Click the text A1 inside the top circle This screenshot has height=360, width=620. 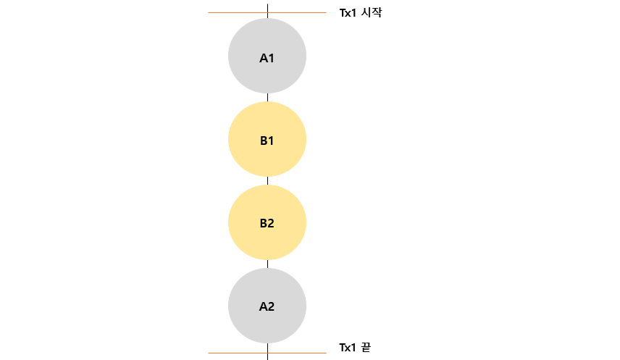pyautogui.click(x=267, y=57)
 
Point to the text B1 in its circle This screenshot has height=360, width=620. pyautogui.click(x=267, y=141)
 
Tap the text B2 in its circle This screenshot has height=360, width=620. pyautogui.click(x=267, y=223)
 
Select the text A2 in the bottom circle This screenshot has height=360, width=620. pyautogui.click(x=267, y=306)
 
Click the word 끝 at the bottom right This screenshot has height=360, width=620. pyautogui.click(x=365, y=348)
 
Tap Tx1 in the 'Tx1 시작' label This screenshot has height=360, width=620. pyautogui.click(x=348, y=12)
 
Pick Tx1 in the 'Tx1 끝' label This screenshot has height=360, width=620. pyautogui.click(x=348, y=348)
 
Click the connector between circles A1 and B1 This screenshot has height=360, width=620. pyautogui.click(x=267, y=98)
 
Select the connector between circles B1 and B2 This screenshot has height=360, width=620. pyautogui.click(x=267, y=180)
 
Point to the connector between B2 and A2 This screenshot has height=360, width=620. pyautogui.click(x=267, y=264)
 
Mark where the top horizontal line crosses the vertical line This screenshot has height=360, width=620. pyautogui.click(x=267, y=12)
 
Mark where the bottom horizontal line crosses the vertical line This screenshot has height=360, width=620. pyautogui.click(x=267, y=353)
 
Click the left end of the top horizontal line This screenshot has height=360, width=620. pyautogui.click(x=209, y=12)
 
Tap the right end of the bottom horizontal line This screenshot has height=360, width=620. pyautogui.click(x=325, y=353)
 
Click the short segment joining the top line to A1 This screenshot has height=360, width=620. pyautogui.click(x=267, y=16)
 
